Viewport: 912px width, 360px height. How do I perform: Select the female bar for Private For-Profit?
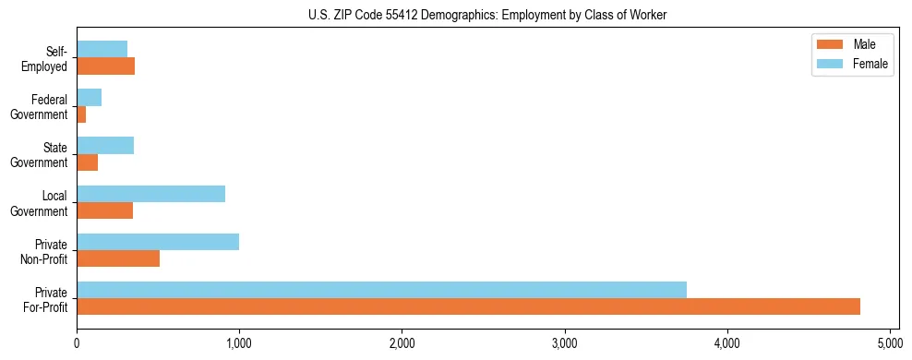click(381, 290)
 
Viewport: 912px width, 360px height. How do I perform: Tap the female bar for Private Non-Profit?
click(158, 242)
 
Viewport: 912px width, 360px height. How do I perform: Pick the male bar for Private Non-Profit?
click(118, 258)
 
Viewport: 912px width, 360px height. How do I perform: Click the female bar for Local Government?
click(150, 194)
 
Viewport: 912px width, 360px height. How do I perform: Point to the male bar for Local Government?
click(105, 210)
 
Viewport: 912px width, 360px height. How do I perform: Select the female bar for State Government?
click(105, 146)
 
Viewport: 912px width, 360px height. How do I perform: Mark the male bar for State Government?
click(88, 162)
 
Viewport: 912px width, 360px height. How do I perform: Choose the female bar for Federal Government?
click(90, 98)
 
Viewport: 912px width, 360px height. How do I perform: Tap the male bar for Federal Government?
click(81, 114)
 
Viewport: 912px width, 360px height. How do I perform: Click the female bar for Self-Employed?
click(102, 50)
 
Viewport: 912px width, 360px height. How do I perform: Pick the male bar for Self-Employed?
click(106, 66)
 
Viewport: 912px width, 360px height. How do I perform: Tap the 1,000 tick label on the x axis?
click(239, 343)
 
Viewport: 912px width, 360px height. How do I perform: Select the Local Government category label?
click(42, 203)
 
